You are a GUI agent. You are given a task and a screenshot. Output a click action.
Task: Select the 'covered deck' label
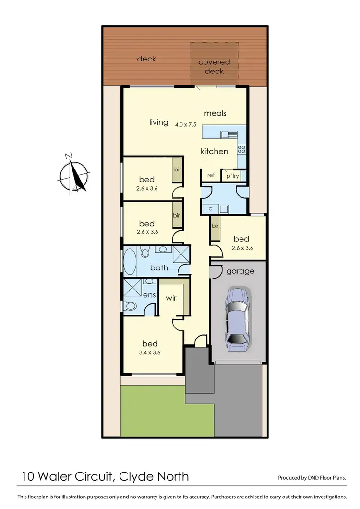click(x=214, y=67)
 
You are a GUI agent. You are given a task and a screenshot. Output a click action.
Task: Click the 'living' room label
click(x=158, y=122)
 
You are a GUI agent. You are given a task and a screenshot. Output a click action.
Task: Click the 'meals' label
click(x=215, y=113)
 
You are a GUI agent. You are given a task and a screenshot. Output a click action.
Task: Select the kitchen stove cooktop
click(x=241, y=149)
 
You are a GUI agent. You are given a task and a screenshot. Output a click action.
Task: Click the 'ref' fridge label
click(x=211, y=175)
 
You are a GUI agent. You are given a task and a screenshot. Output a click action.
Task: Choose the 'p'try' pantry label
click(x=232, y=176)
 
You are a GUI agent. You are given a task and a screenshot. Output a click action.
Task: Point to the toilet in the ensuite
click(x=130, y=305)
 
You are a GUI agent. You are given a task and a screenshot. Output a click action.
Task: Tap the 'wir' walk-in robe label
click(x=171, y=298)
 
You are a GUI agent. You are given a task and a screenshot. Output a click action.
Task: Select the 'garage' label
click(x=240, y=271)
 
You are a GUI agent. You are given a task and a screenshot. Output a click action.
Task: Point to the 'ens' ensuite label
click(x=149, y=294)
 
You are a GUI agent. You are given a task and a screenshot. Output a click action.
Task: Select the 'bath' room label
click(x=159, y=267)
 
